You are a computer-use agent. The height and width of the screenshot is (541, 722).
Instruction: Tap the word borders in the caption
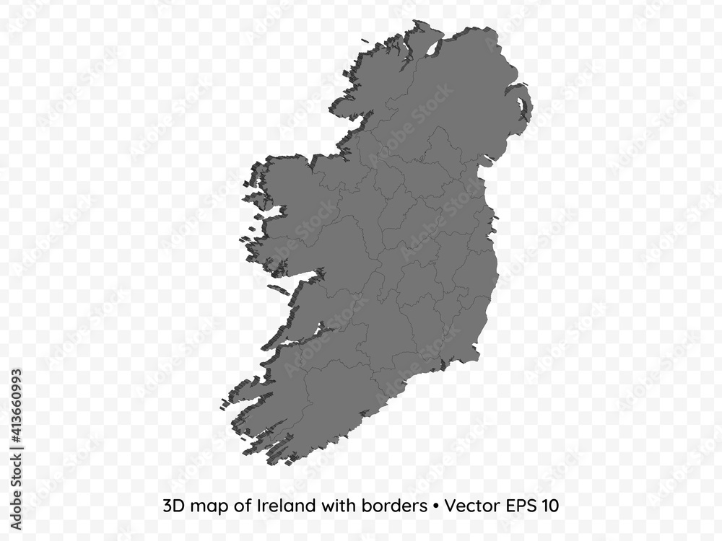pyautogui.click(x=396, y=506)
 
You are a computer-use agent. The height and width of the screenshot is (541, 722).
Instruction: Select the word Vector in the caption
pyautogui.click(x=468, y=506)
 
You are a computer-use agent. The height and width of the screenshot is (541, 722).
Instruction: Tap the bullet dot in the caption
pyautogui.click(x=434, y=506)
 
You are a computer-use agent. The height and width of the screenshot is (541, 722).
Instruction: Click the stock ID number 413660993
pyautogui.click(x=16, y=418)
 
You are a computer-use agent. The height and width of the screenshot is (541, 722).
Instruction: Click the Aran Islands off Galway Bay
pyautogui.click(x=279, y=290)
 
